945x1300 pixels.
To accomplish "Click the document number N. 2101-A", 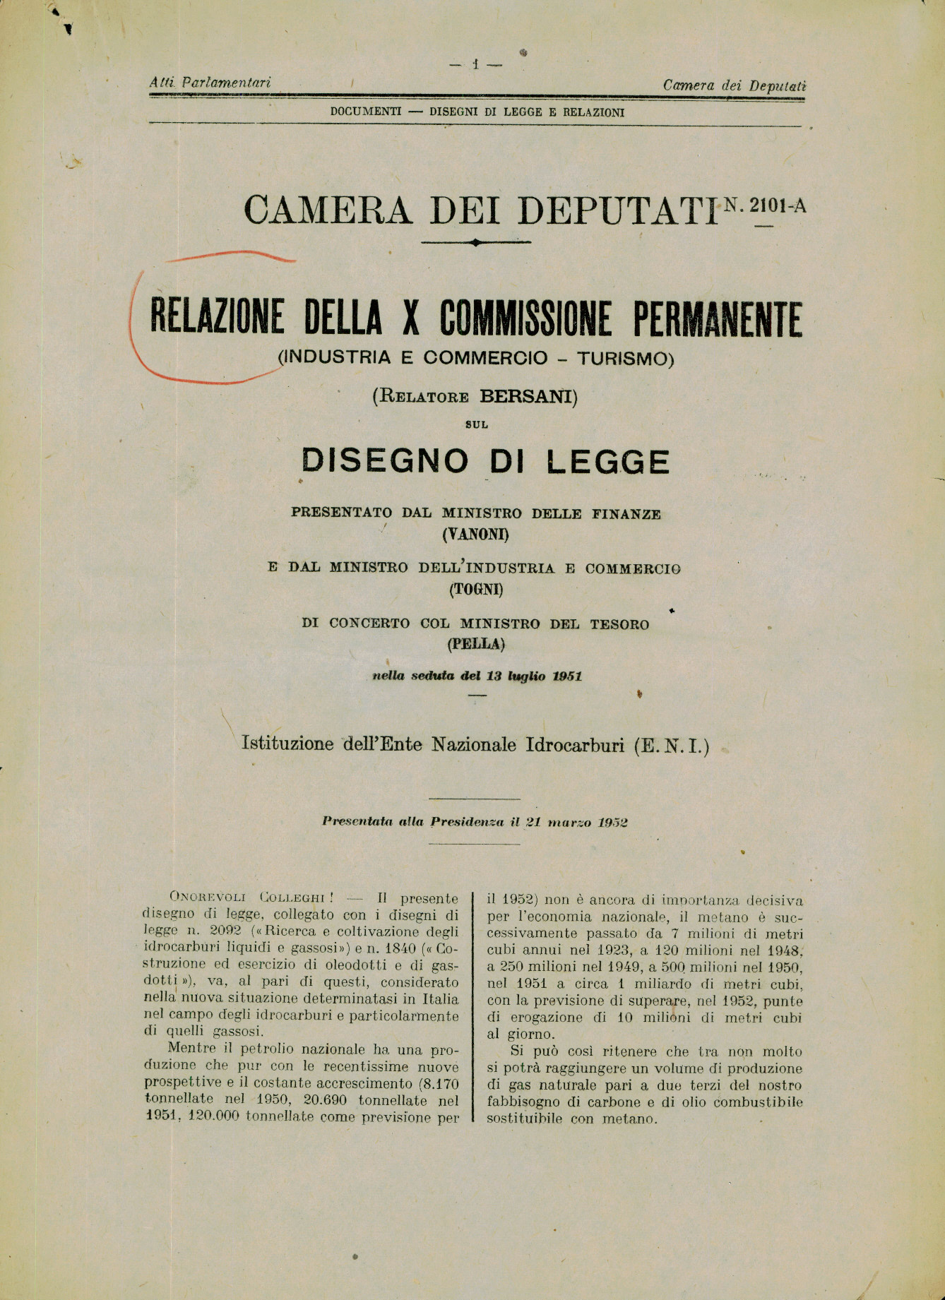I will coord(764,205).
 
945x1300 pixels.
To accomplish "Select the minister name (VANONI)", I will coord(475,535).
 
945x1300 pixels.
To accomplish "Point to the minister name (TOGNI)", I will coord(475,588).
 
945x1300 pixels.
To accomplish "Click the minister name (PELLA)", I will coord(475,643).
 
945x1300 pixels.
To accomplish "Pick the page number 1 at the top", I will coord(475,64).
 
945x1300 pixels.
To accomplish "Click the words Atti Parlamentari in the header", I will coord(210,83).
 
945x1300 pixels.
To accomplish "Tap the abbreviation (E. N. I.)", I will coord(672,745).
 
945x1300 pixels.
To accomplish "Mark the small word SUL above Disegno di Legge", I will coord(476,424).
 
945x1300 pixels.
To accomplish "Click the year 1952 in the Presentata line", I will coord(613,822).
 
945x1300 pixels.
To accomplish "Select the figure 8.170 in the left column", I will coord(439,1083).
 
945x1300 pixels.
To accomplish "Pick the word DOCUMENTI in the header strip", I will coord(366,112).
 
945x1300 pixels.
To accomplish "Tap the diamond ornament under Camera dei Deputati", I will coord(475,242).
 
